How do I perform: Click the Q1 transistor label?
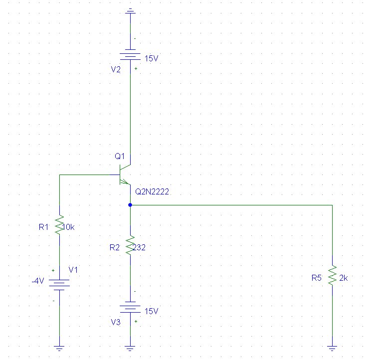pyautogui.click(x=120, y=156)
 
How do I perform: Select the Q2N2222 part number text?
pyautogui.click(x=152, y=192)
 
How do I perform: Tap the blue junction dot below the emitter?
pyautogui.click(x=130, y=205)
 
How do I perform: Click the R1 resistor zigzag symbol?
pyautogui.click(x=59, y=225)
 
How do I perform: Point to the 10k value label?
pyautogui.click(x=69, y=227)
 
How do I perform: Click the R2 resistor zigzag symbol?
pyautogui.click(x=130, y=245)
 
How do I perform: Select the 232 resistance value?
pyautogui.click(x=139, y=247)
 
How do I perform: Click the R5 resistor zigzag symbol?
pyautogui.click(x=332, y=276)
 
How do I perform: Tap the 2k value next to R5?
pyautogui.click(x=344, y=278)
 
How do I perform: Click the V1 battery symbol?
pyautogui.click(x=59, y=285)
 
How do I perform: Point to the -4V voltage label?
pyautogui.click(x=38, y=281)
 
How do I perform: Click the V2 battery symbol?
pyautogui.click(x=130, y=54)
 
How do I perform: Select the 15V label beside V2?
pyautogui.click(x=151, y=58)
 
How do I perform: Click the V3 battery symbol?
pyautogui.click(x=130, y=307)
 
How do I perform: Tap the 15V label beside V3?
pyautogui.click(x=151, y=311)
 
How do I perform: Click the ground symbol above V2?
pyautogui.click(x=130, y=11)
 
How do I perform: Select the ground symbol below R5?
pyautogui.click(x=332, y=348)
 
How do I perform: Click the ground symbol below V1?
pyautogui.click(x=59, y=348)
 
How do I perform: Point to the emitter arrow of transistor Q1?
pyautogui.click(x=124, y=181)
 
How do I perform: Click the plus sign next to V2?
pyautogui.click(x=136, y=68)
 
